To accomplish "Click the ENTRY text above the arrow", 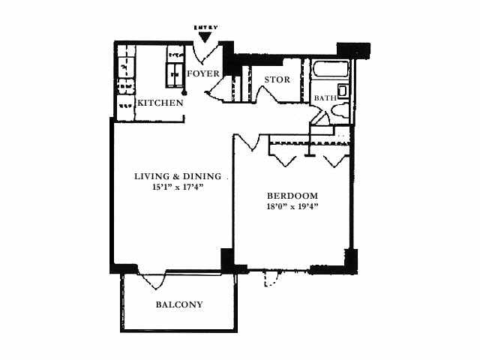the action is tap(205, 28).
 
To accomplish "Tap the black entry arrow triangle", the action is tap(205, 37).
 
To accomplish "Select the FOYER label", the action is tap(203, 73).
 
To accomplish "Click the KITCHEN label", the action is tap(160, 103).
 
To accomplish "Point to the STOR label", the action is tap(277, 79).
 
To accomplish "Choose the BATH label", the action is tap(325, 98).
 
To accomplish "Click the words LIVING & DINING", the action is tap(178, 176).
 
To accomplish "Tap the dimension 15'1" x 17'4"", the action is tap(178, 187).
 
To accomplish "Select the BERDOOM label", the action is tap(292, 196).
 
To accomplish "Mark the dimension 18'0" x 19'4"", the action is tap(292, 207).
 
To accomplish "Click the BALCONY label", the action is tap(179, 304).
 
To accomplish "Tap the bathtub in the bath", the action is tap(330, 70).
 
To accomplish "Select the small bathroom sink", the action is tap(343, 91).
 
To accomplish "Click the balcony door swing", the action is tap(152, 280).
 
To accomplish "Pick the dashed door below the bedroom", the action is tap(271, 278).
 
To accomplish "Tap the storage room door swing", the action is tap(268, 95).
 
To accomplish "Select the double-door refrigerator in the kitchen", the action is tap(175, 75).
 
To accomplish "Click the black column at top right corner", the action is tap(353, 50).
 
